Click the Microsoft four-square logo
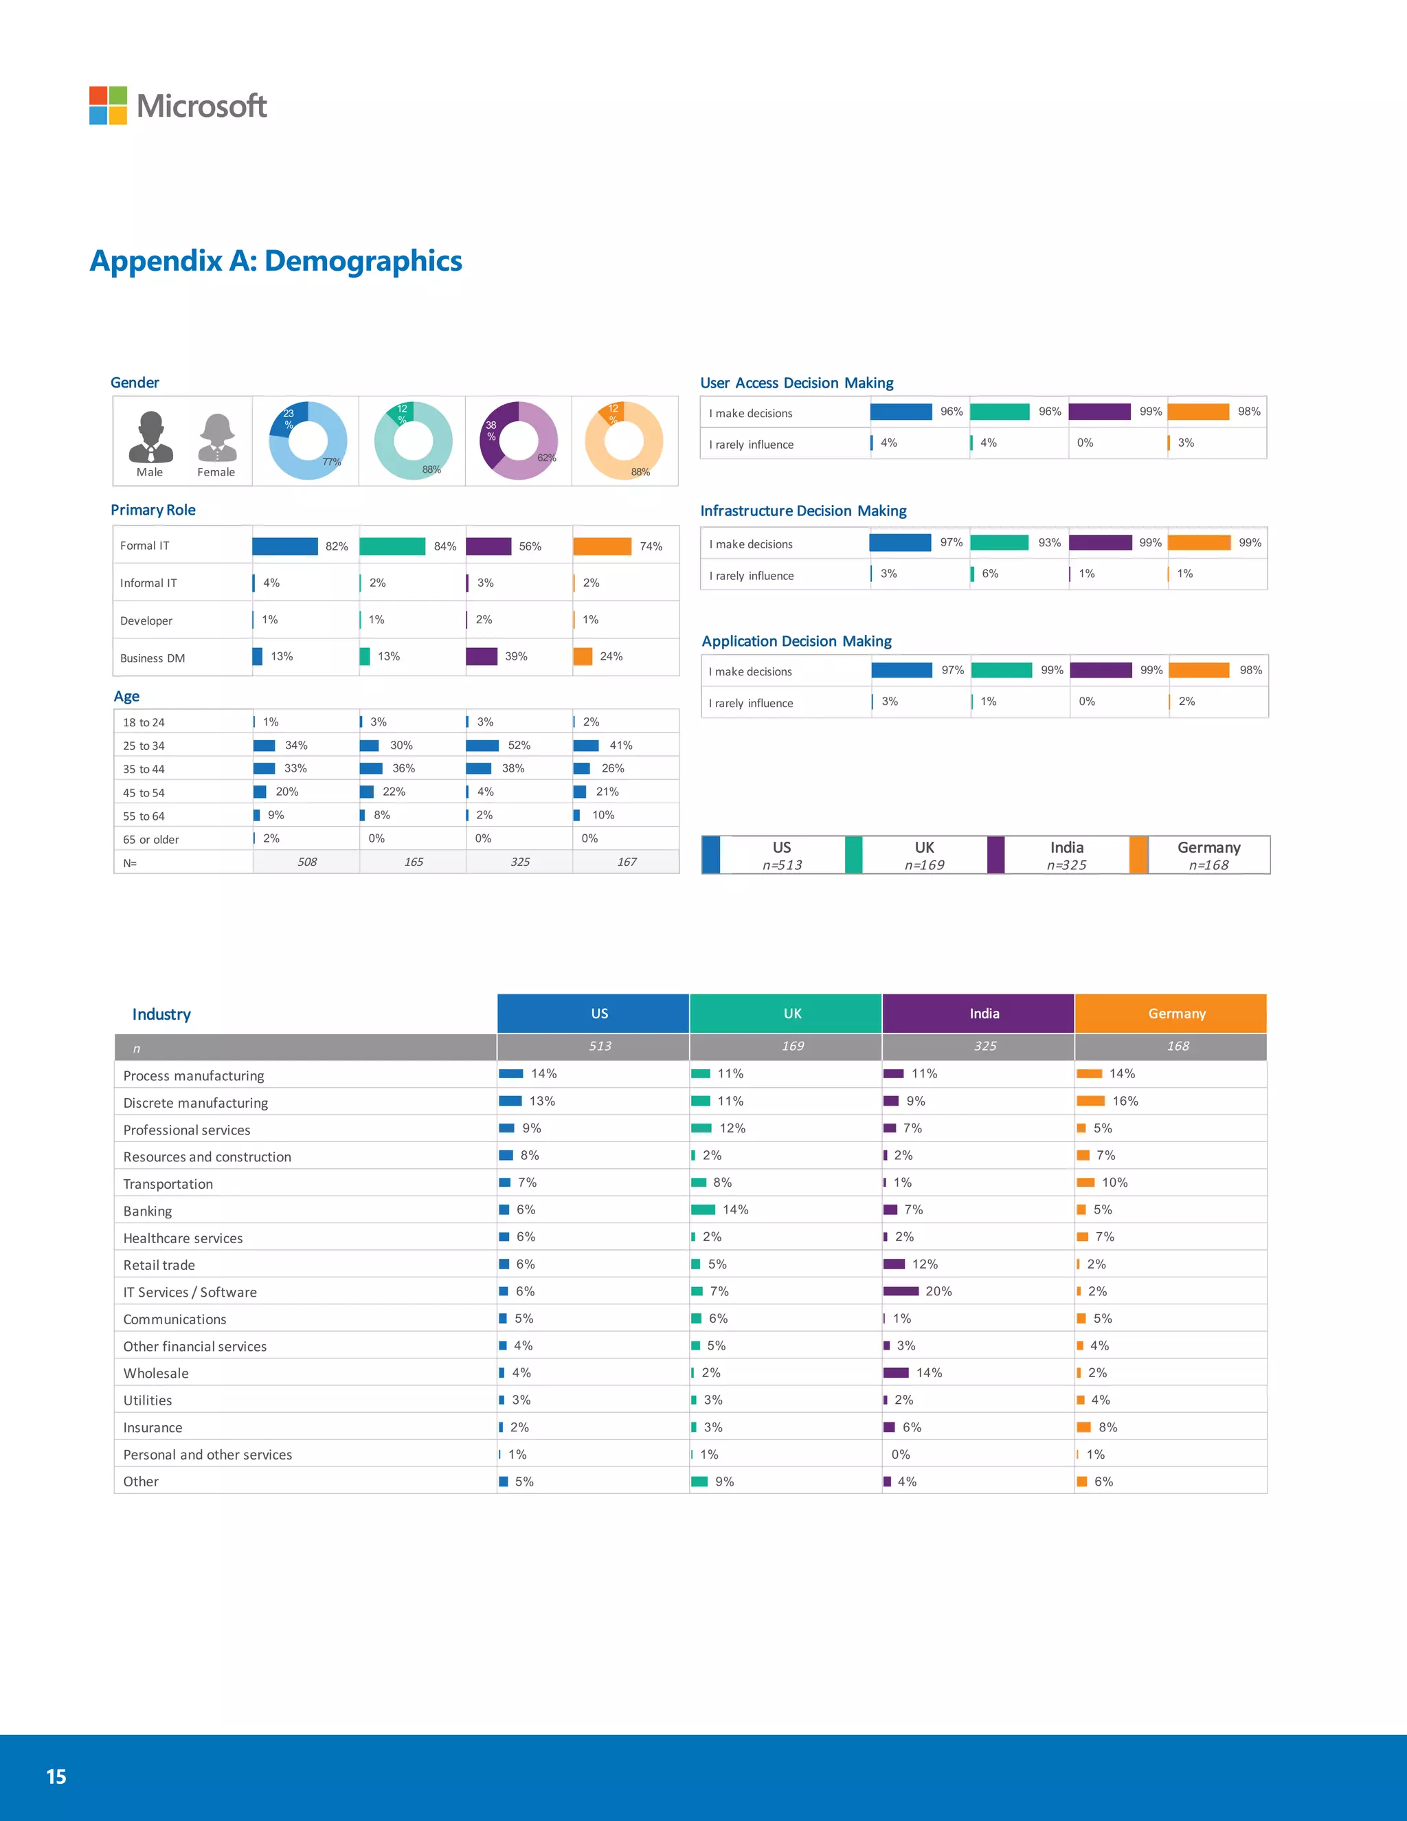click(x=109, y=106)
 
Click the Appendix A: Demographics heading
click(x=276, y=261)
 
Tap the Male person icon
click(x=151, y=437)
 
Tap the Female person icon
click(x=216, y=438)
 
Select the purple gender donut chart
click(x=519, y=440)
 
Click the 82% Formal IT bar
click(x=285, y=546)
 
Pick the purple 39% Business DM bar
click(x=482, y=656)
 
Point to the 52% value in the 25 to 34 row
click(x=519, y=746)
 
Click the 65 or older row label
click(x=151, y=840)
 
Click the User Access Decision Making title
click(x=796, y=383)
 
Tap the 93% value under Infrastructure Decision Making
click(x=1050, y=543)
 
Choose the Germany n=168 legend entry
click(x=1208, y=856)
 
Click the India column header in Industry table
click(x=984, y=1014)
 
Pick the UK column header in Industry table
click(x=792, y=1014)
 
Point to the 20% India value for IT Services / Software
click(x=938, y=1292)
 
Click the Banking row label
click(x=148, y=1211)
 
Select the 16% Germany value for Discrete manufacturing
click(x=1125, y=1102)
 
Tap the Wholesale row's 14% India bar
click(x=896, y=1372)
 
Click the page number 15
click(x=56, y=1777)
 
